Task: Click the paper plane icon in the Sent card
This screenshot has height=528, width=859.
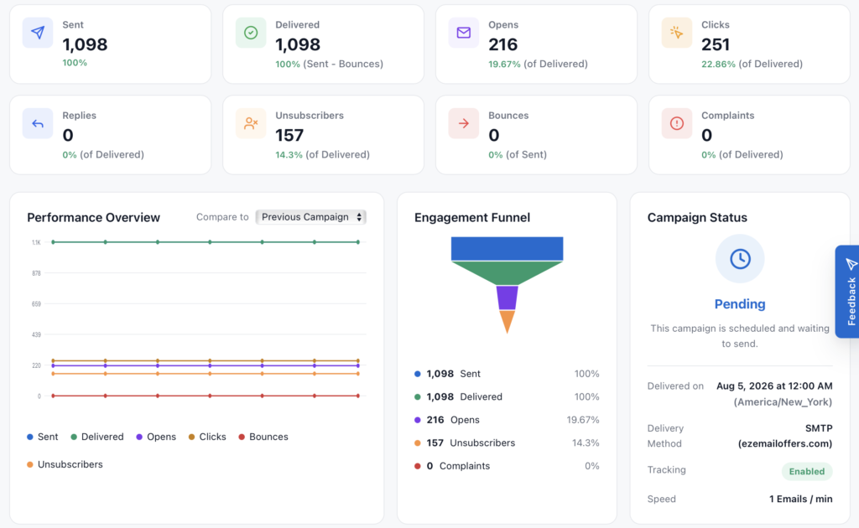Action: [x=38, y=33]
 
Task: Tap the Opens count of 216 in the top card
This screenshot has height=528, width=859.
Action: [x=503, y=44]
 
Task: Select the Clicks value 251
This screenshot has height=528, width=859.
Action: [x=716, y=44]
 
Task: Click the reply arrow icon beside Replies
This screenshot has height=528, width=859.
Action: [x=38, y=124]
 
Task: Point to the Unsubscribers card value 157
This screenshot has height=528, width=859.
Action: [x=289, y=135]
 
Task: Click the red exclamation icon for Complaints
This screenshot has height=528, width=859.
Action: [x=677, y=123]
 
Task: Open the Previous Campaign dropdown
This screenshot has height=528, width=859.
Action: [x=310, y=217]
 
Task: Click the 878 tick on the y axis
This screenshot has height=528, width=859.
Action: [x=36, y=273]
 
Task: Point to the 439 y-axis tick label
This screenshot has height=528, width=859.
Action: [x=36, y=334]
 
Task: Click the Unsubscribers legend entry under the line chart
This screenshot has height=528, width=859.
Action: [x=65, y=464]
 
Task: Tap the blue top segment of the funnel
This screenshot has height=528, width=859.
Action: [x=508, y=249]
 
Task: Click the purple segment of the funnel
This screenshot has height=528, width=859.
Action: [x=508, y=298]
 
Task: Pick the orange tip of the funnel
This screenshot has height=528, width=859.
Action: [x=508, y=321]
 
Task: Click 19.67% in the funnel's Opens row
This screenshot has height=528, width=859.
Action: [x=583, y=420]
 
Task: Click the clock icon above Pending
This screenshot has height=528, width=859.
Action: [x=740, y=259]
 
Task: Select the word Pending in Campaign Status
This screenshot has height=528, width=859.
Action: [x=740, y=304]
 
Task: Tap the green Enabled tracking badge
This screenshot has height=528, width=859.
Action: [x=806, y=472]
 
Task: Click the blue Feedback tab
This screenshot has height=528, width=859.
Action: [x=847, y=292]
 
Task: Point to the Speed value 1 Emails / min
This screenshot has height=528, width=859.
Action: [x=801, y=499]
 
